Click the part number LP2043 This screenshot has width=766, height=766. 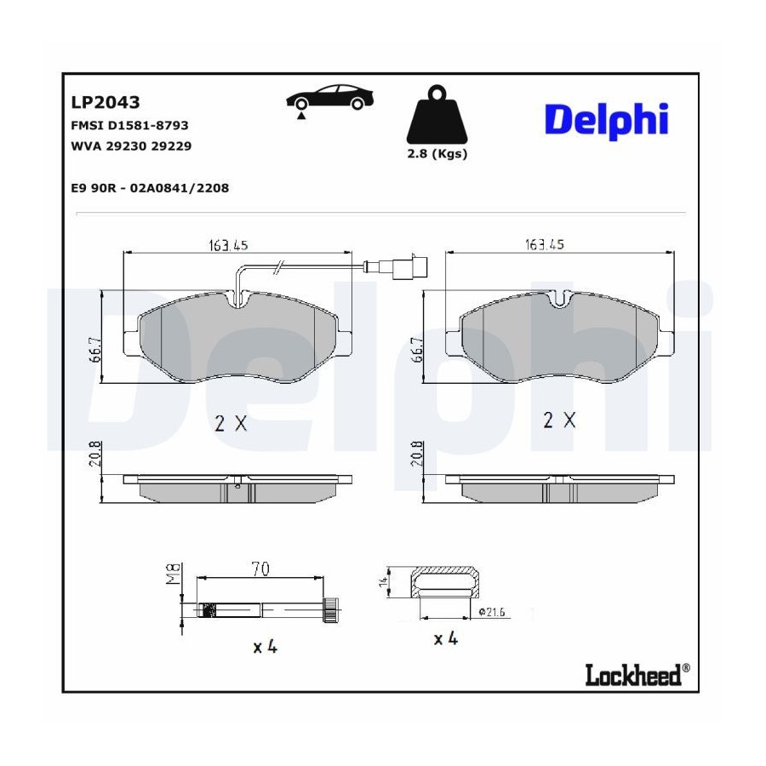(106, 103)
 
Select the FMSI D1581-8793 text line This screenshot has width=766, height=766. (129, 126)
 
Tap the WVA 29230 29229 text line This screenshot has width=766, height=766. (131, 146)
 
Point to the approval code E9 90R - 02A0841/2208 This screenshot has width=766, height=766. (150, 188)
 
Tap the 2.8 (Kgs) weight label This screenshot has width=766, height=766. (437, 154)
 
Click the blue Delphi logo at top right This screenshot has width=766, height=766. (606, 121)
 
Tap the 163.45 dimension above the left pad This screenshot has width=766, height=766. (228, 245)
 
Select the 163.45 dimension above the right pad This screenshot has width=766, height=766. (544, 243)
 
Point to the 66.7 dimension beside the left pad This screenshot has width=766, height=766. (94, 348)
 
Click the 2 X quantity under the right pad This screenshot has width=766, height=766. (560, 420)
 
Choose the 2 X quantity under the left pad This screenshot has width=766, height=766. (231, 422)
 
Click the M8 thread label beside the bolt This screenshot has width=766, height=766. (174, 574)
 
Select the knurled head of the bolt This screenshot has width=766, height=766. (332, 609)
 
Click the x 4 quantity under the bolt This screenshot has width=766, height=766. (266, 648)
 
